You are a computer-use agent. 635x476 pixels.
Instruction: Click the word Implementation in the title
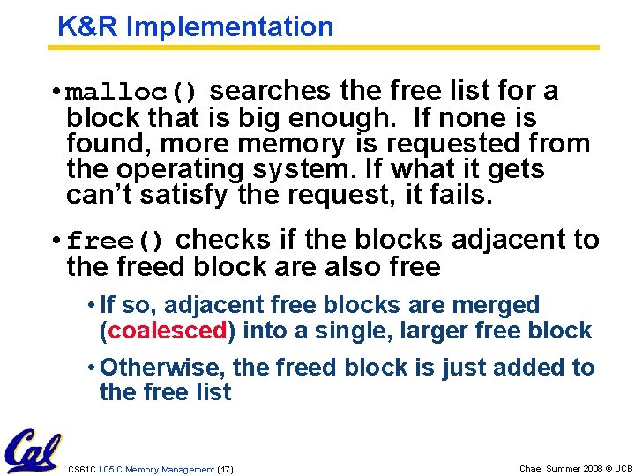(x=230, y=26)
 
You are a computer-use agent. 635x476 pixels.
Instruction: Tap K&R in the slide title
(x=88, y=26)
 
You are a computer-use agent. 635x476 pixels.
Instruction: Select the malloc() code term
(x=134, y=92)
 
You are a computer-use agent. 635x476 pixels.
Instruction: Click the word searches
(x=270, y=91)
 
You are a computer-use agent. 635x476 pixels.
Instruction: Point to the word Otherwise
(x=156, y=367)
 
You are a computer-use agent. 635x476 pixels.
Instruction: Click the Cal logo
(x=33, y=451)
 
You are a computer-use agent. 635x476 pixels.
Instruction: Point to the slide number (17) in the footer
(x=225, y=470)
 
